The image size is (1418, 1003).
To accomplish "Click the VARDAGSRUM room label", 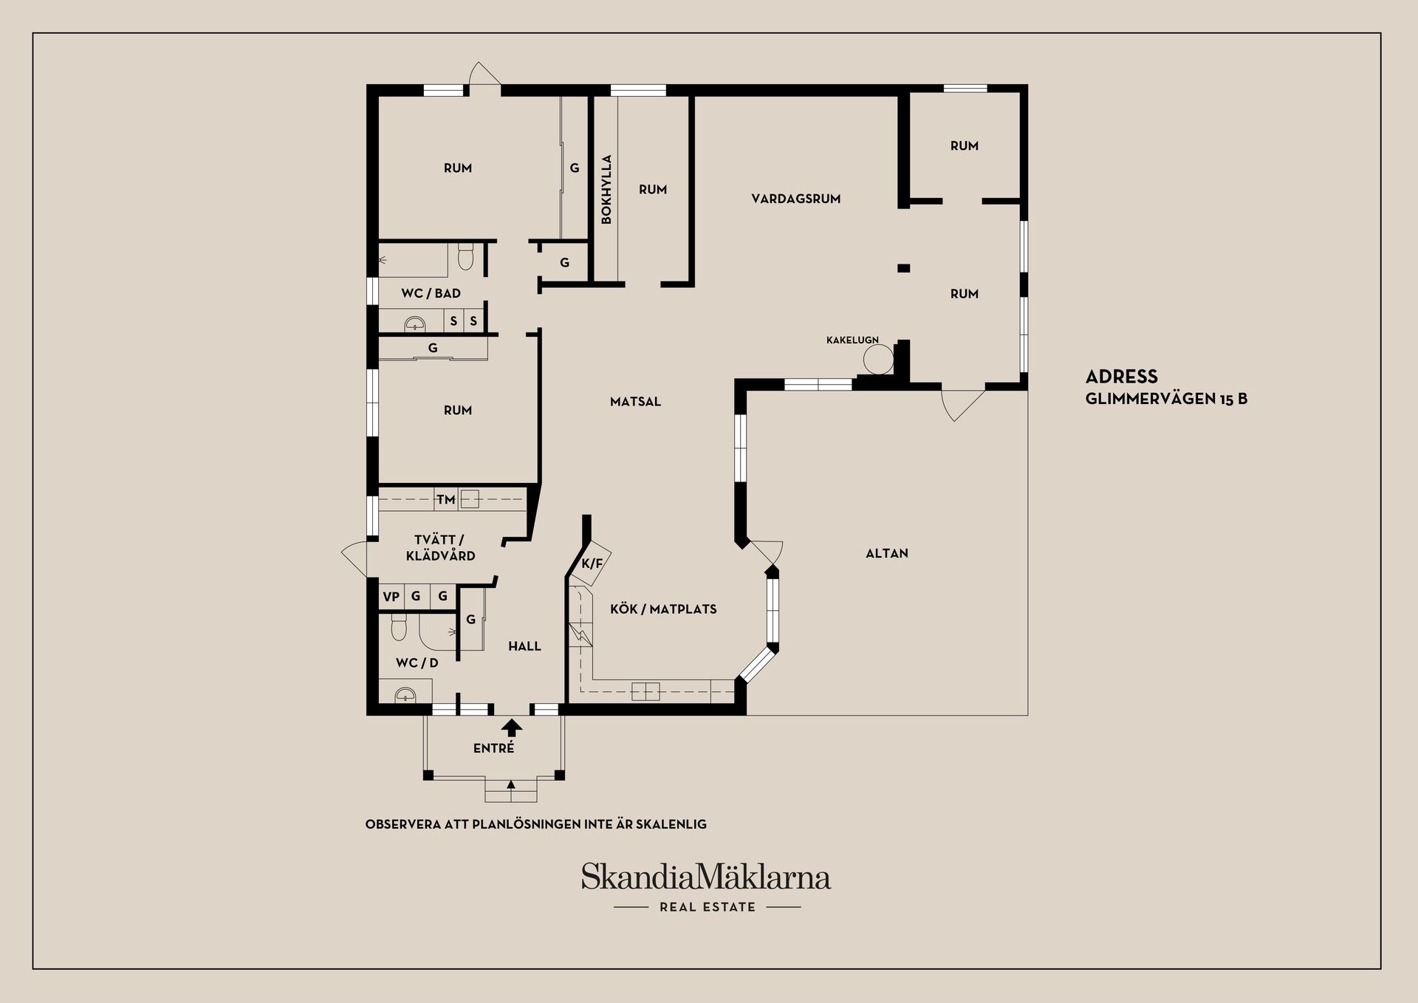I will coord(795,199).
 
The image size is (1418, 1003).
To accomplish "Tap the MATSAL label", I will coord(635,402).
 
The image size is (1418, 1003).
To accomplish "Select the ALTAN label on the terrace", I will coord(886,553).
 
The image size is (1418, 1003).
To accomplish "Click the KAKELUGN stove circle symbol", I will coord(878,359).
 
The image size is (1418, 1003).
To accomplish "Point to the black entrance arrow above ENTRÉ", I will coord(512,728).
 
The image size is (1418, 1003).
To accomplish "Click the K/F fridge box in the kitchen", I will coord(593,564).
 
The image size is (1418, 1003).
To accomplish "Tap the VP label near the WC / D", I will coord(391,597).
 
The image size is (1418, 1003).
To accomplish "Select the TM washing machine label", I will coord(445,500).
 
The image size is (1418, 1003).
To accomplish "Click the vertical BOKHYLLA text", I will coord(606,189).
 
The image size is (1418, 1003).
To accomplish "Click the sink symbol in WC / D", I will coord(405,694).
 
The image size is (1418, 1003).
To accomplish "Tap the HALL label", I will coord(524,646).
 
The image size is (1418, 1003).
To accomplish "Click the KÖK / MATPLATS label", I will coord(663,609).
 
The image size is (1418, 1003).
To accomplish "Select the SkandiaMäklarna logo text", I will coord(705,877).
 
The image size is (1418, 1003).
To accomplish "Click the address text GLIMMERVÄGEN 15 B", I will coord(1166,399).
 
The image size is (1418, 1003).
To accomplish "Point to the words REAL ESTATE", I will coord(708,907).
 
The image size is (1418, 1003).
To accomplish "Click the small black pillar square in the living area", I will coord(903,268).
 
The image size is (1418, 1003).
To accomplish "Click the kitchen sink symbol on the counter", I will coord(645,691).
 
